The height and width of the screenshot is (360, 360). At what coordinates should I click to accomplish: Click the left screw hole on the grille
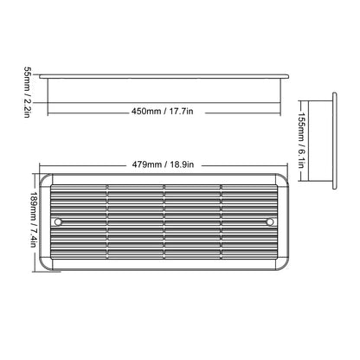(58, 222)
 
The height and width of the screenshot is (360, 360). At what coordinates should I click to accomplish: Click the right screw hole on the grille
(269, 222)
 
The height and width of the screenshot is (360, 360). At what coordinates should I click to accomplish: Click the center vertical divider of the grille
(164, 222)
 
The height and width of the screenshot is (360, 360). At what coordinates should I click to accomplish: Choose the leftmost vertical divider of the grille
(106, 222)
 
